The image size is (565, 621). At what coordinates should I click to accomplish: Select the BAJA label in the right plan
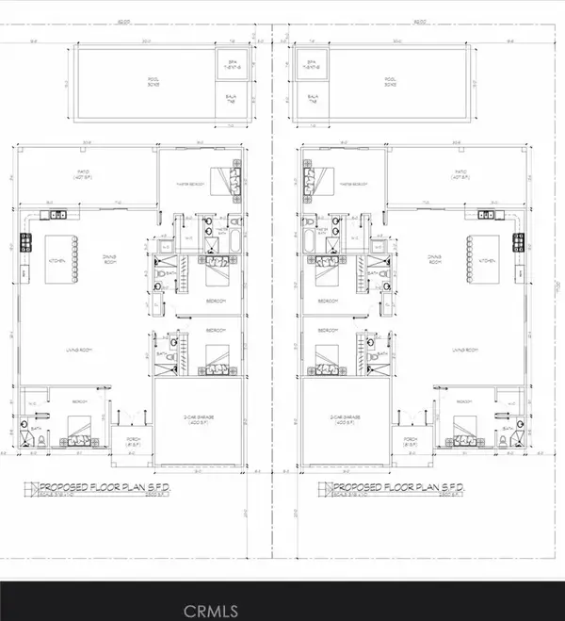pos(307,97)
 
